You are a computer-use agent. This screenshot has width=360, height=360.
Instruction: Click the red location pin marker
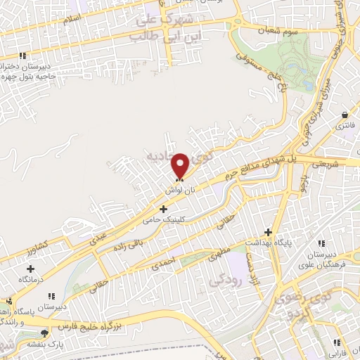181,165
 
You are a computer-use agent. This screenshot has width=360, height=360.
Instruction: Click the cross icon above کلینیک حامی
163,209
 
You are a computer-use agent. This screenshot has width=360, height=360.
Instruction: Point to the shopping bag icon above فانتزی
345,115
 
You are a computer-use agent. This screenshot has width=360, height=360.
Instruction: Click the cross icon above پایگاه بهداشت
267,232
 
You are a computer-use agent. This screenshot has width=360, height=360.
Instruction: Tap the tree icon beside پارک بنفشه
45,333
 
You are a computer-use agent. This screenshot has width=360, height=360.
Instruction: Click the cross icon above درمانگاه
30,268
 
